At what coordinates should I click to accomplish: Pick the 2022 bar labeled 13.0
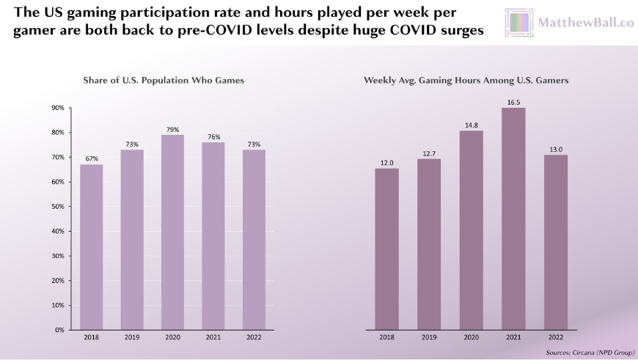[555, 242]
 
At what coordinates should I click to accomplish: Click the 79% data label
[172, 129]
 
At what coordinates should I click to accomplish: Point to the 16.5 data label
[513, 103]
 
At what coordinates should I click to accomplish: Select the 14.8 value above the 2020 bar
[471, 125]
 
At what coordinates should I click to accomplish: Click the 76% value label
[213, 136]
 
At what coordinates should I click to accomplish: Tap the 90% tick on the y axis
[58, 108]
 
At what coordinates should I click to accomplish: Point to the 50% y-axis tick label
[58, 207]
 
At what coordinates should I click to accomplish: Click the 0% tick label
[59, 330]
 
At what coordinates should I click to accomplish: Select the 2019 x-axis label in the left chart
[132, 339]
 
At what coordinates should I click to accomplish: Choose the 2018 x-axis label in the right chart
[386, 339]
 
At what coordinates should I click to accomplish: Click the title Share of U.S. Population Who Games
[163, 79]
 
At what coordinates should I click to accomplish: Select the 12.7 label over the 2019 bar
[428, 153]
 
